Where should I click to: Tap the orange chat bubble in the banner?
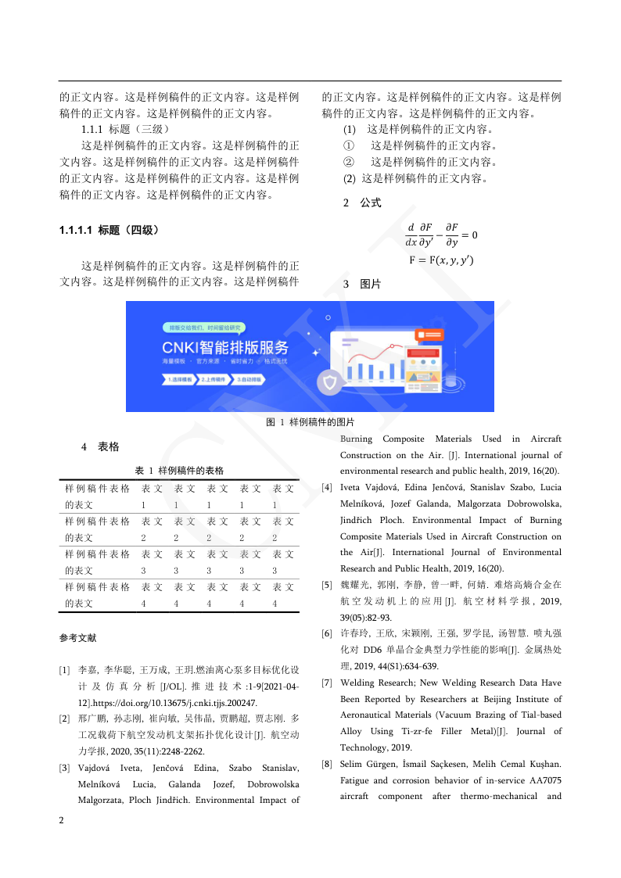click(429, 334)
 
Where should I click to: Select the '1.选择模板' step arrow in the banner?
click(178, 379)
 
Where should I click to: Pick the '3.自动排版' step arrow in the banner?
click(249, 379)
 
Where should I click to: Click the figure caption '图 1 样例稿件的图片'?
click(310, 422)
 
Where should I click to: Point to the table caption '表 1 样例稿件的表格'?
click(179, 471)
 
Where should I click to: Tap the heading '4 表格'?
click(100, 447)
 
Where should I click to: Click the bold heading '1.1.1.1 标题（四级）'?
click(109, 230)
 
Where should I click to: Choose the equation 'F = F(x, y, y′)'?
click(441, 260)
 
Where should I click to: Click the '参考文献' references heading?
click(77, 638)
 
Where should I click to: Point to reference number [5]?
click(326, 585)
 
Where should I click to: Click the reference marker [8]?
click(326, 763)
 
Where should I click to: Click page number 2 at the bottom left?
click(62, 821)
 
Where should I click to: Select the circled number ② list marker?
click(349, 162)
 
